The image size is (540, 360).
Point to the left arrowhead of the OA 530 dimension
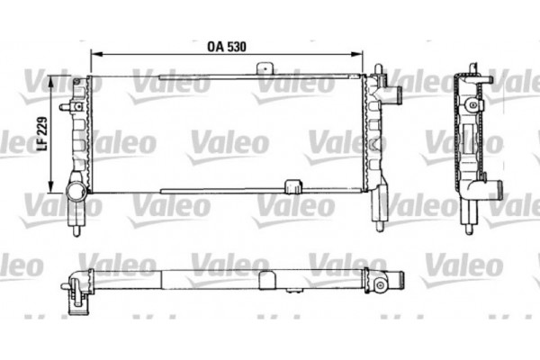click(92, 53)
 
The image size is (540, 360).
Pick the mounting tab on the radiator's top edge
click(265, 68)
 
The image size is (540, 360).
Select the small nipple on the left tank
click(66, 107)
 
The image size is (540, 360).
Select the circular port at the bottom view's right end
click(382, 285)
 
